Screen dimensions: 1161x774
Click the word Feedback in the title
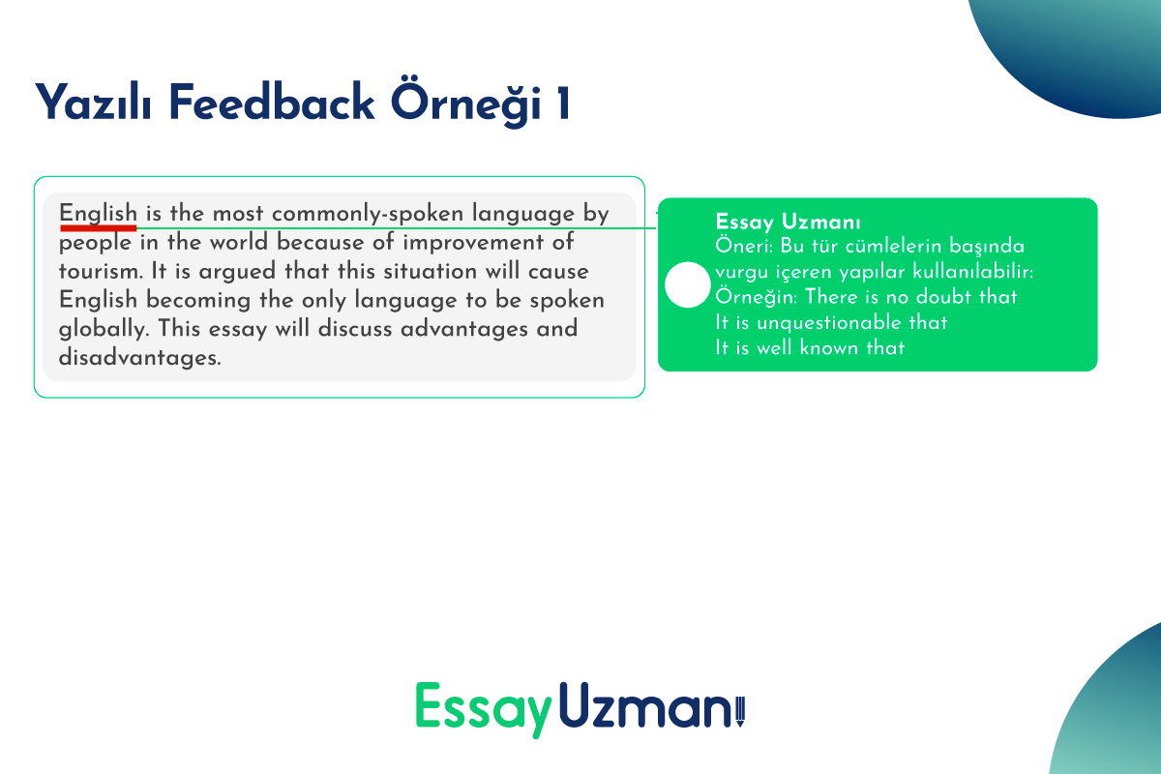271,103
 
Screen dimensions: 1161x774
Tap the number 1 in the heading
563,104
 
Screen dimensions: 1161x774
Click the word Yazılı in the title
93,103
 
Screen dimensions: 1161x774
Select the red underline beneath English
98,228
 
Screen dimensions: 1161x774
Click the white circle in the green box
687,284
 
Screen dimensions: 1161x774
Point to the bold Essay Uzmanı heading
788,222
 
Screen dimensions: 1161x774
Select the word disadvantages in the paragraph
139,357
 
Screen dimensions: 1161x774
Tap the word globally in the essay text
104,329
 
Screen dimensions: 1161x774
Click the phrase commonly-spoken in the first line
368,214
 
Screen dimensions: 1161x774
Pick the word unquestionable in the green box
829,323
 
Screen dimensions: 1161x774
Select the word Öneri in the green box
744,246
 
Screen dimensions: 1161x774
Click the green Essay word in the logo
483,708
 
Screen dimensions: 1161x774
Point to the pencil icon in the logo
740,711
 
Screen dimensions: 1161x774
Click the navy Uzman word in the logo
645,705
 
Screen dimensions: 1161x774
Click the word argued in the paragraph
237,272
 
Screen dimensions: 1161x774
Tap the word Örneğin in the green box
757,296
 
